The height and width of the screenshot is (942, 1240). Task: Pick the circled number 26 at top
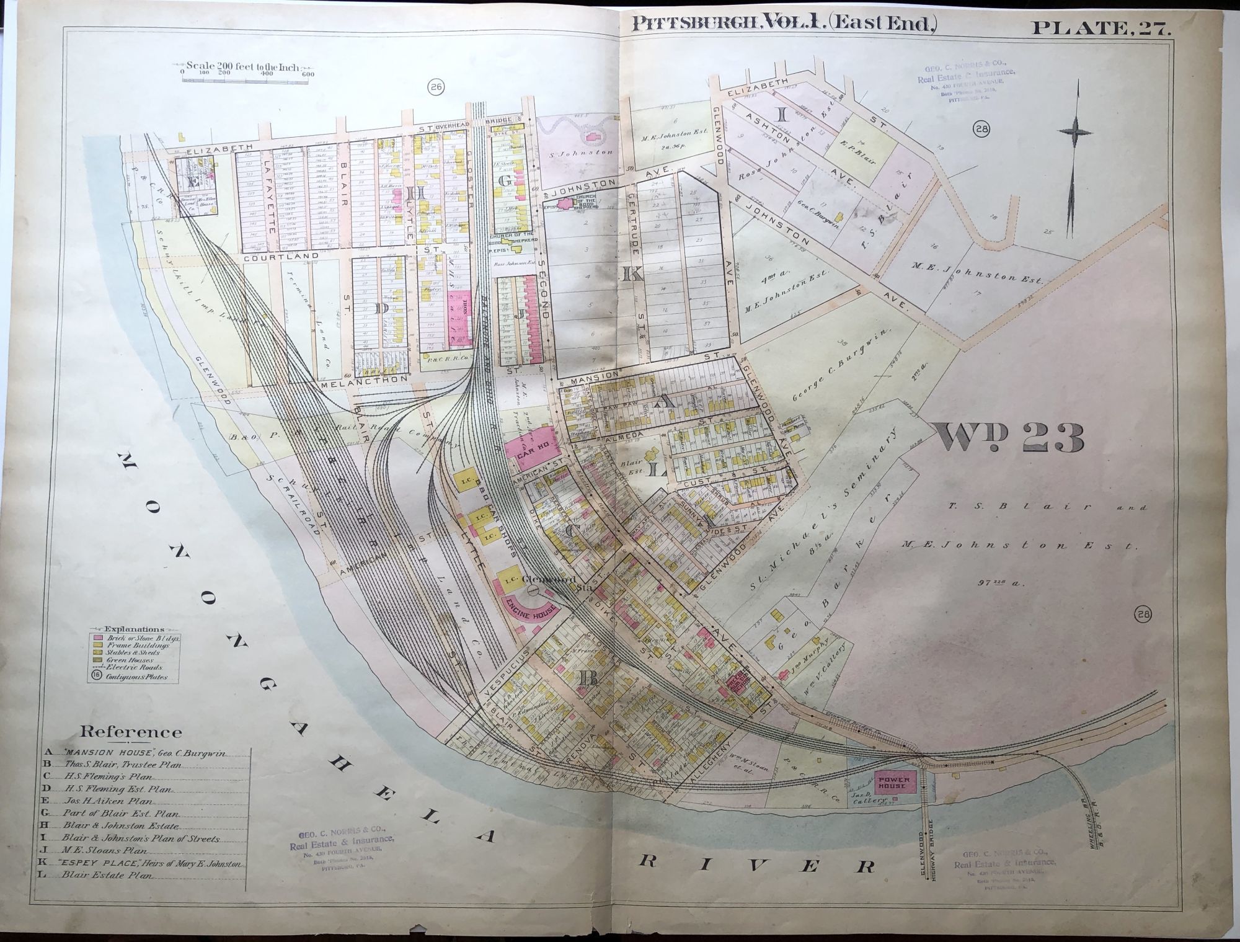(x=435, y=88)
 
